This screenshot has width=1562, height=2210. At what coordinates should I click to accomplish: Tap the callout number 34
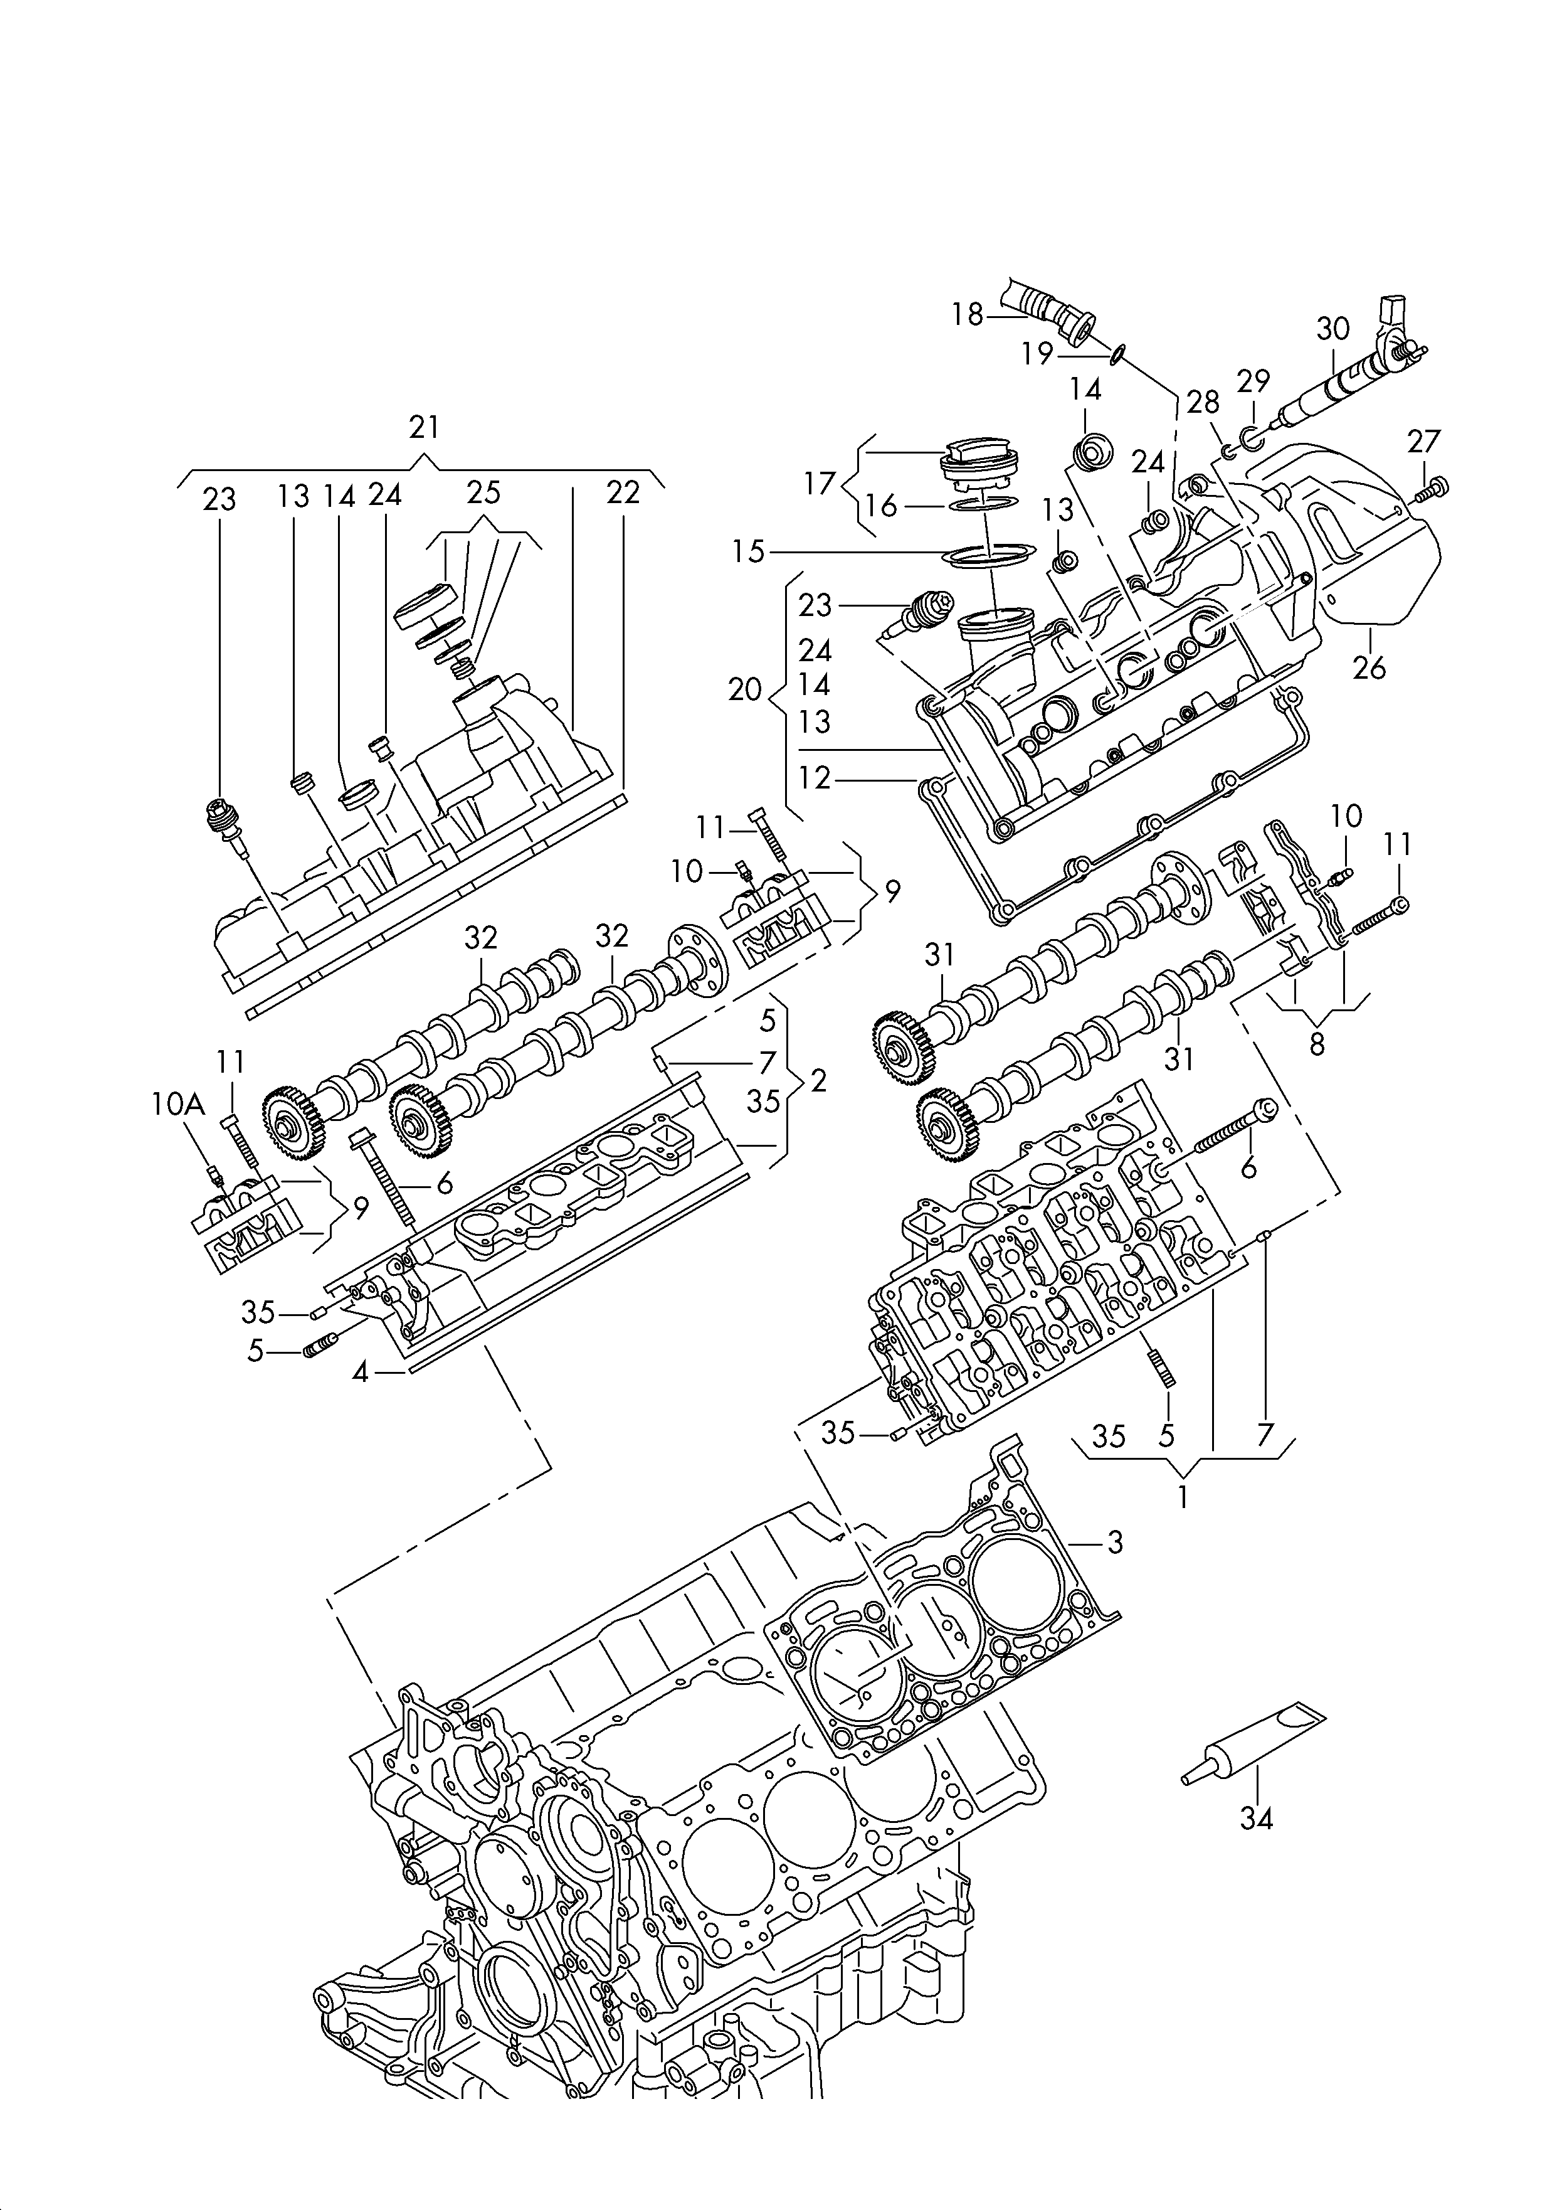[x=1256, y=1818]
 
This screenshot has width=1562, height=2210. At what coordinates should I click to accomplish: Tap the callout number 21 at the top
[x=423, y=427]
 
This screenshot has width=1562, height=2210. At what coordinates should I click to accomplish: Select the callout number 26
[x=1369, y=667]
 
